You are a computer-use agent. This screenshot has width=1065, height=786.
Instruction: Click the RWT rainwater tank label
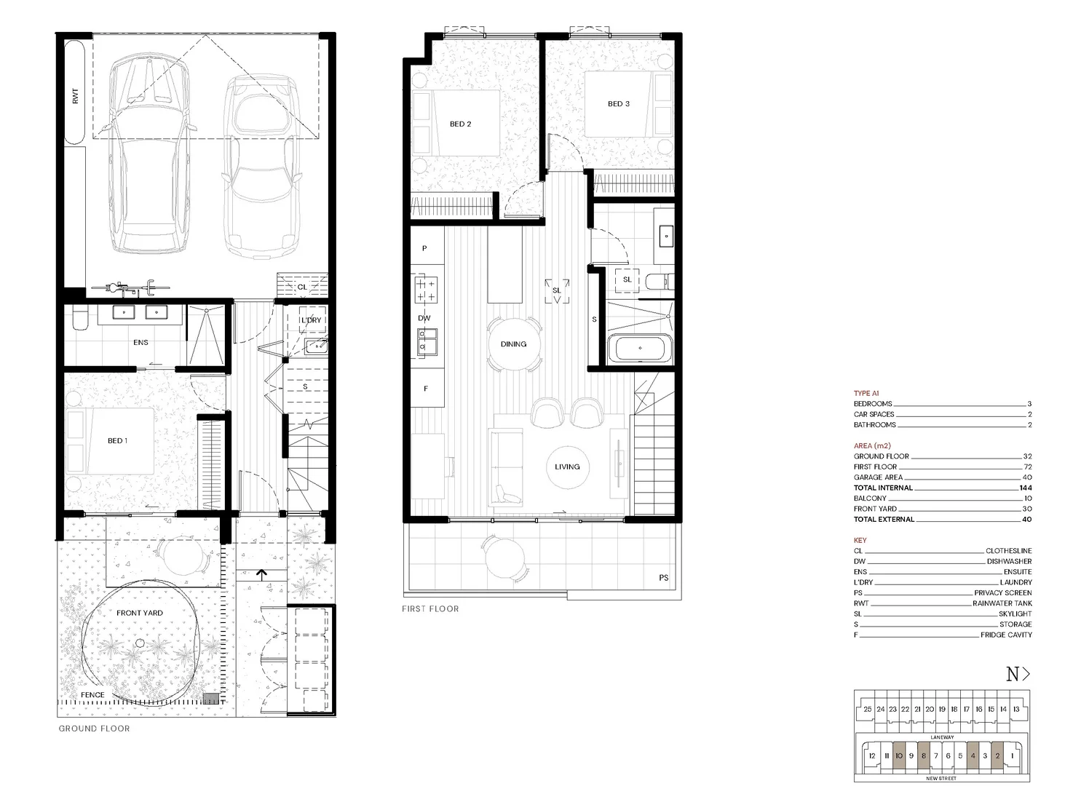(x=76, y=95)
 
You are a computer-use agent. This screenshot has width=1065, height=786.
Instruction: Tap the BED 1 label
(x=117, y=441)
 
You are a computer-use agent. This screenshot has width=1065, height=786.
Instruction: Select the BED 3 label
(x=619, y=104)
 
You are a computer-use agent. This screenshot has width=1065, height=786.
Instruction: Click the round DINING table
(x=513, y=344)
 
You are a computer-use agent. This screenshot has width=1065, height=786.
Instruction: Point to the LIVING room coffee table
(x=567, y=467)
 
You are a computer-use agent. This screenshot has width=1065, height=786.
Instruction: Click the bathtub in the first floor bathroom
(x=640, y=349)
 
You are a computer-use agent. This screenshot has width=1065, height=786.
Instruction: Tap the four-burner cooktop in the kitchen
(x=425, y=289)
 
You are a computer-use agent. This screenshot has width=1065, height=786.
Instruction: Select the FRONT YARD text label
(x=140, y=613)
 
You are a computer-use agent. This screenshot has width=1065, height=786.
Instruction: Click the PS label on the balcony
(x=663, y=578)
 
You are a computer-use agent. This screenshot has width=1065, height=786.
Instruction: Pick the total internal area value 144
(x=1025, y=488)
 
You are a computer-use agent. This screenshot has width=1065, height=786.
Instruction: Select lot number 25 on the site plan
(x=868, y=710)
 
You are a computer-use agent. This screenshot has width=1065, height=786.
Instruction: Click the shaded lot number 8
(x=923, y=756)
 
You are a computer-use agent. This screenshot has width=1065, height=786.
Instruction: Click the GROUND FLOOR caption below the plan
(x=94, y=729)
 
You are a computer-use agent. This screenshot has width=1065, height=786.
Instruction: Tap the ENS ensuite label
(x=140, y=342)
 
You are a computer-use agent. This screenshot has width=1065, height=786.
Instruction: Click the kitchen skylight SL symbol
(x=557, y=290)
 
